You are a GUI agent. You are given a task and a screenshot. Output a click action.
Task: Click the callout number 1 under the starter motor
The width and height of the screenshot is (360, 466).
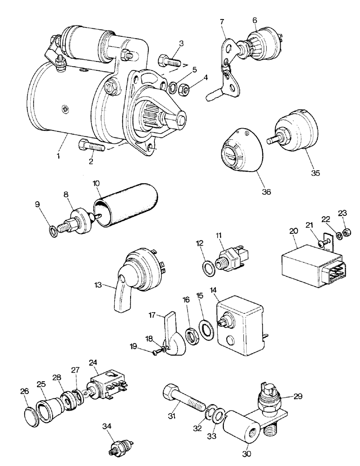59,156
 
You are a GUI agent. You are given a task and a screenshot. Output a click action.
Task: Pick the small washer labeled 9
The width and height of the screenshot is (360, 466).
55,230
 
